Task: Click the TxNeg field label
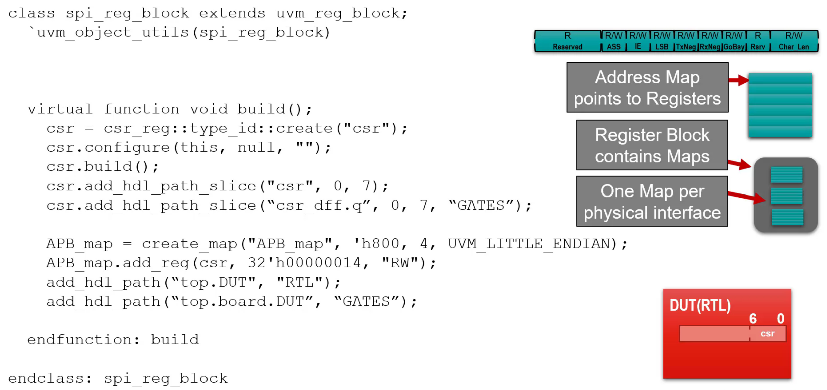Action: (x=686, y=47)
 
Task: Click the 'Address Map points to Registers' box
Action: (x=647, y=87)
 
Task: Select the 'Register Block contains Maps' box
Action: (x=652, y=145)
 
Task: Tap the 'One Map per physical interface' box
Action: (x=652, y=202)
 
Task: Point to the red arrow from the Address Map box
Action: (x=738, y=80)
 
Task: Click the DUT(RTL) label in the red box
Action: (x=700, y=305)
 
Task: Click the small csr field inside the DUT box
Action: (x=767, y=334)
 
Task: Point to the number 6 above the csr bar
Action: (x=753, y=318)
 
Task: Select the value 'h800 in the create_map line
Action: (x=380, y=244)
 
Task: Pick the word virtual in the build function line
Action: (x=60, y=109)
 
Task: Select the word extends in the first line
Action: (x=232, y=14)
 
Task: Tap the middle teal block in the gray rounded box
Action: (x=786, y=196)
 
